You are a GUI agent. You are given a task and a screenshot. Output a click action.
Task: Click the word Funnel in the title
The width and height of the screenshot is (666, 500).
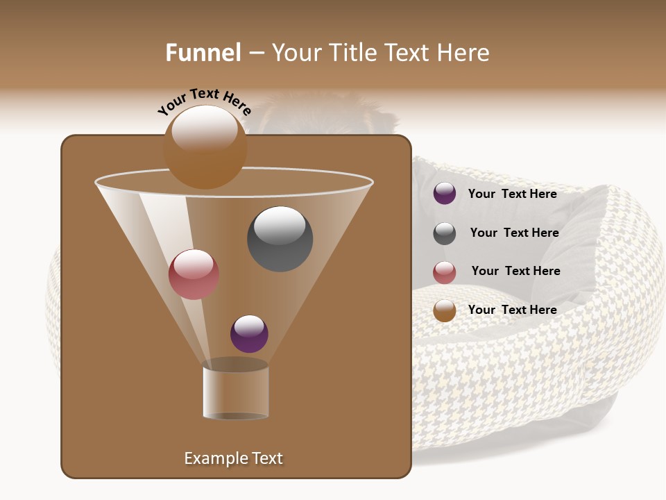[203, 53]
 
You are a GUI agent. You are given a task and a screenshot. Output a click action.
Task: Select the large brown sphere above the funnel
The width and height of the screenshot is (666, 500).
[205, 147]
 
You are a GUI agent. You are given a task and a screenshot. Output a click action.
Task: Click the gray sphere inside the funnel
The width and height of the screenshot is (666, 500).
[280, 239]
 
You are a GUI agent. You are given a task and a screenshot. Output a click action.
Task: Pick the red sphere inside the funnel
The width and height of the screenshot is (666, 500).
[194, 274]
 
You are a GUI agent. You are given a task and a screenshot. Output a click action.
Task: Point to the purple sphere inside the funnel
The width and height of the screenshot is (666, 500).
[249, 333]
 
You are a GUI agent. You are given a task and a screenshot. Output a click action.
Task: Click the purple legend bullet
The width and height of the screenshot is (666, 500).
[445, 194]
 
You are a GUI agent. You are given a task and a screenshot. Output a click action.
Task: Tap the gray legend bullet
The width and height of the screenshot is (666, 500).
[445, 233]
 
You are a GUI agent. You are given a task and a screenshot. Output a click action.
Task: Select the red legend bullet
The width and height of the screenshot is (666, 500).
[445, 272]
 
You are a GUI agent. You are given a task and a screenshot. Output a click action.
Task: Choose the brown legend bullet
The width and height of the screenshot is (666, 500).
[445, 310]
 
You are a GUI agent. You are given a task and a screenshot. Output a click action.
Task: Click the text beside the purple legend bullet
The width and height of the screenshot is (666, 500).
[512, 194]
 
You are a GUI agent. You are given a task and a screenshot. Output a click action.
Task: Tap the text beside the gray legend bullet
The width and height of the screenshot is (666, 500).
[514, 233]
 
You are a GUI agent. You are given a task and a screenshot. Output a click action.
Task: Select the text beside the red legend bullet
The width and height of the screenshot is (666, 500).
[515, 272]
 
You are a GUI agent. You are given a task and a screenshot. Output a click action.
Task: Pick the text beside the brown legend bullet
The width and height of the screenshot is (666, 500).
[512, 310]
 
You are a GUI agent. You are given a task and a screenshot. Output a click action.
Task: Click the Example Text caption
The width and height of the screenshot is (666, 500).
[233, 458]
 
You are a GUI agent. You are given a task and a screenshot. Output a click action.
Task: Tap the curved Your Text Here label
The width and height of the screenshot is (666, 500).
[204, 101]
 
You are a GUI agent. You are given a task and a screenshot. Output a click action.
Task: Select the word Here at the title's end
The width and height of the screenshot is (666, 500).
[463, 53]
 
